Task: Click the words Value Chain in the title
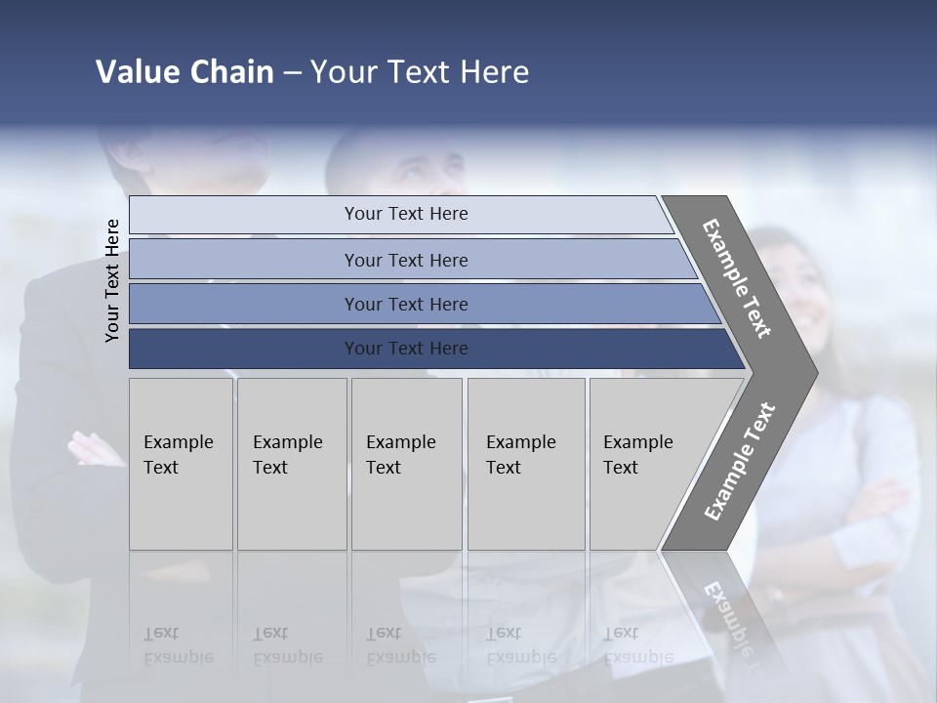tap(184, 72)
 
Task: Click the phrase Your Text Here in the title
tap(420, 72)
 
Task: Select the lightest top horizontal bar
tap(405, 214)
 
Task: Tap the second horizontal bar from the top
tap(405, 260)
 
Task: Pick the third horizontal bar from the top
tap(405, 304)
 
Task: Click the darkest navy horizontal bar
tap(405, 349)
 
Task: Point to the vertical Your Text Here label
tap(112, 280)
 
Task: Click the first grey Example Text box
tap(181, 463)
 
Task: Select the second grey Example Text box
tap(291, 463)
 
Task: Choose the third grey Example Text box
tap(405, 463)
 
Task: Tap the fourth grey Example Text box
tap(525, 463)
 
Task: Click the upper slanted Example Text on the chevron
tap(737, 278)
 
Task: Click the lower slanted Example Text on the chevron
tap(740, 462)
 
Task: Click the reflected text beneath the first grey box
tap(178, 645)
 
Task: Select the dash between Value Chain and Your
tap(292, 73)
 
